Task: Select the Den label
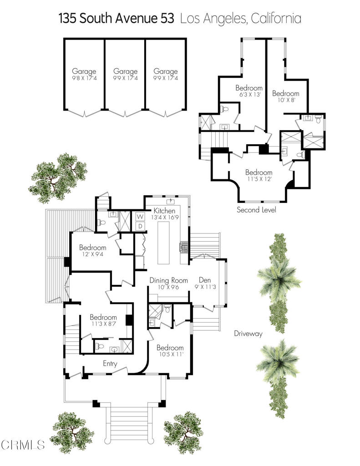coord(205,280)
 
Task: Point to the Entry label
coord(110,364)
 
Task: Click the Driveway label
coord(248,334)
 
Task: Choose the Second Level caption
coord(256,210)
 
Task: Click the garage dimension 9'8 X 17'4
coord(84,78)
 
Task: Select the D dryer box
coord(141,226)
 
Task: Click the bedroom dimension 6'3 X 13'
coord(249,95)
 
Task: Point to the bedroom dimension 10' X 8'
coord(286,101)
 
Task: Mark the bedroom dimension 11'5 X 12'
coord(259,179)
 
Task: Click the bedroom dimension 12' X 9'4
coord(92,255)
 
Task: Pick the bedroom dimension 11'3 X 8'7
coord(103,324)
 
